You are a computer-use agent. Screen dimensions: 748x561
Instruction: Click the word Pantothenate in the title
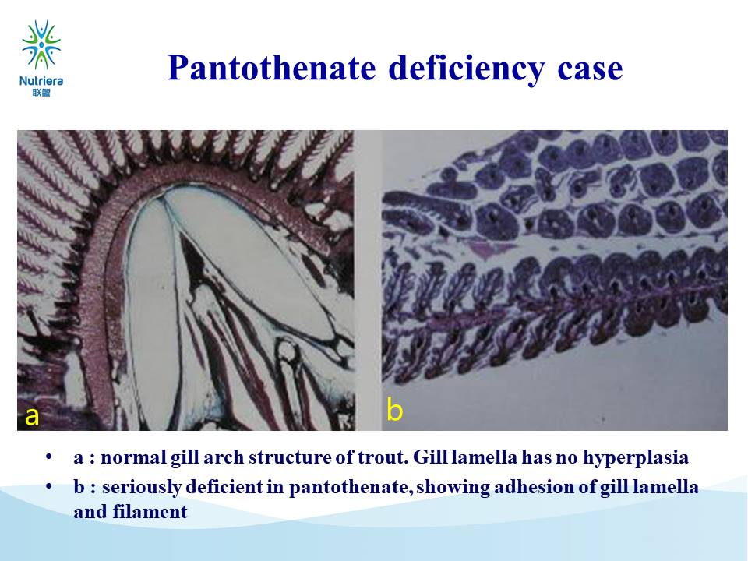click(271, 68)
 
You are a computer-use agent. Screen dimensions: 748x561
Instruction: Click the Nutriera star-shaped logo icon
click(41, 44)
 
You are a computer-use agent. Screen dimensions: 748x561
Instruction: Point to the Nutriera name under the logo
click(41, 80)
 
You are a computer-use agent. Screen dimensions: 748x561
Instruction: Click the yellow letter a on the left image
click(32, 416)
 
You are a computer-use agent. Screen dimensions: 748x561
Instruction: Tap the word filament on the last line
click(150, 512)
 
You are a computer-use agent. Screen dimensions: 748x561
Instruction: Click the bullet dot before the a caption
click(48, 457)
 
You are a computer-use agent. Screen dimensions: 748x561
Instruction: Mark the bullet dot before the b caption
click(48, 486)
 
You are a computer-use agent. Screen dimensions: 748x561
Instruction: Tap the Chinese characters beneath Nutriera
click(41, 93)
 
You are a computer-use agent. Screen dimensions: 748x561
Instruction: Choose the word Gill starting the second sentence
click(430, 457)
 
